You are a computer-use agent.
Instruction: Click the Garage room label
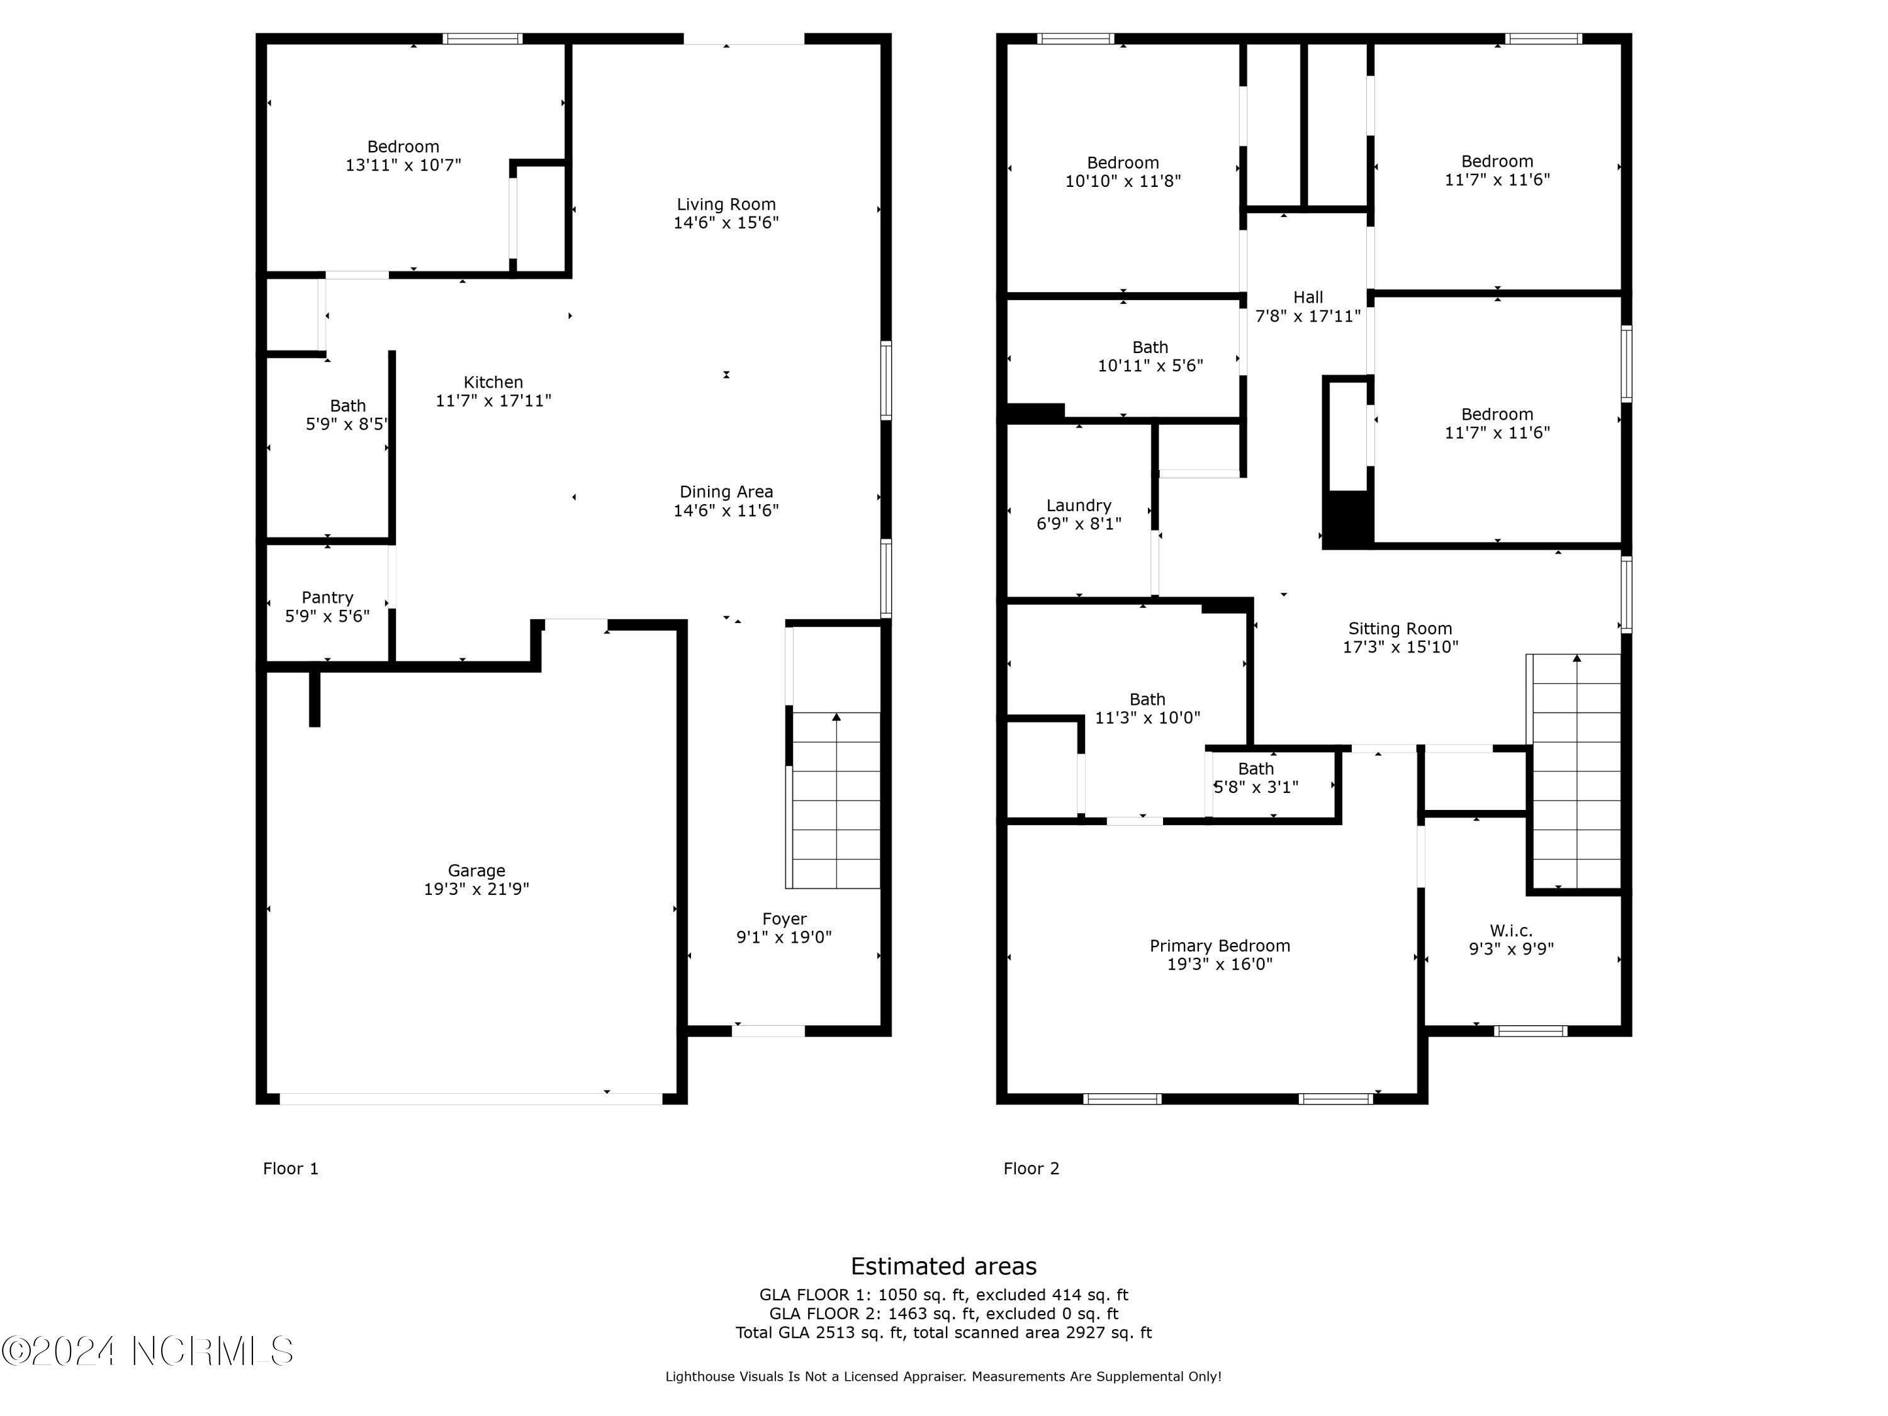pos(476,870)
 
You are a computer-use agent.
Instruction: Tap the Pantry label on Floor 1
pos(327,597)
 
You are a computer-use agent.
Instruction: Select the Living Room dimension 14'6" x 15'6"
pos(726,223)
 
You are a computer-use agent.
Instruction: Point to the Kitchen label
pos(493,383)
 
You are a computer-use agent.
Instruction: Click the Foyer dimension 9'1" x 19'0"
pos(784,937)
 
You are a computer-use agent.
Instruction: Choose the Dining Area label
pos(726,492)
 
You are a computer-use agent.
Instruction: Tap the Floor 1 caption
pos(290,1169)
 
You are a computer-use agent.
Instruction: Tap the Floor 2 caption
pos(1031,1169)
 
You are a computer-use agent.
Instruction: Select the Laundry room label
pos(1079,505)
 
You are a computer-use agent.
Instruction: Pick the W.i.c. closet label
pos(1511,930)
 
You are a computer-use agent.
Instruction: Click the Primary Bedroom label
pos(1220,946)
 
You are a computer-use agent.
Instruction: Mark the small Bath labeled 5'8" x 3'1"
pos(1256,778)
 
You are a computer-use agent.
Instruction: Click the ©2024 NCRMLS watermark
pos(147,1351)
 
